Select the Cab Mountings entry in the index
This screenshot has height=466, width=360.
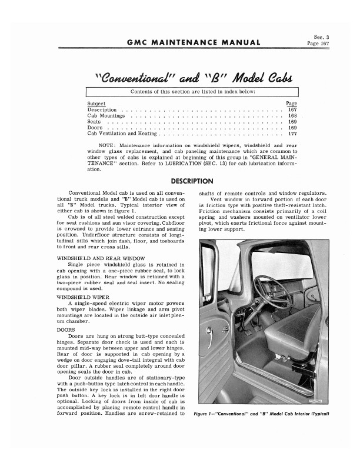tap(104, 116)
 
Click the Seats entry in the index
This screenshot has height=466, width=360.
tap(94, 122)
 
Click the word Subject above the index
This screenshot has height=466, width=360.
tap(96, 104)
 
